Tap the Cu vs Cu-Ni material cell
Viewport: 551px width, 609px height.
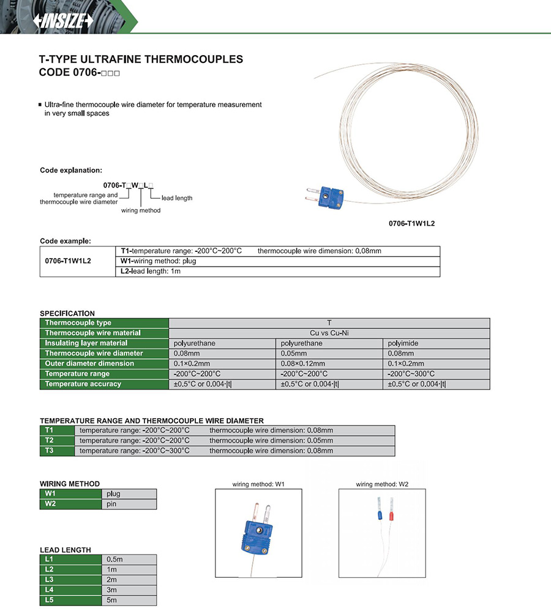point(329,333)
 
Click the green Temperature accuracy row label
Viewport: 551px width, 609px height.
point(103,384)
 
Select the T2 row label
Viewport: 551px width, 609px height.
point(57,440)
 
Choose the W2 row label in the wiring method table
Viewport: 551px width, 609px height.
point(70,504)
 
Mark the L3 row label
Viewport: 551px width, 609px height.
point(70,579)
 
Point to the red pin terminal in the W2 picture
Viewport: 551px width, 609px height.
point(391,517)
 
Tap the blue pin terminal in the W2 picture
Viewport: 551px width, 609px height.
point(378,515)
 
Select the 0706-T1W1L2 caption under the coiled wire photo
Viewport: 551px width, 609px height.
point(411,224)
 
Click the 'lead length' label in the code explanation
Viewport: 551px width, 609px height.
point(177,198)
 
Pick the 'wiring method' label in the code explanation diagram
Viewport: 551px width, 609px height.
point(141,210)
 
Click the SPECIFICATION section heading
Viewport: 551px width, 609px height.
point(67,313)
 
